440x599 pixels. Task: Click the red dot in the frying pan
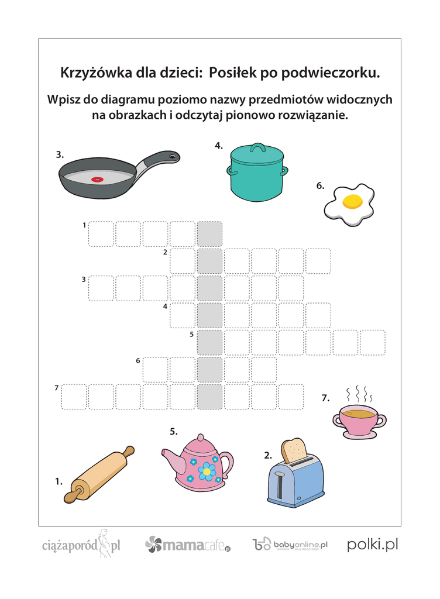97,179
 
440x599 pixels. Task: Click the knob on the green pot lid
258,147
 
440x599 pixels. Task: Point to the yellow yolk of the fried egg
352,201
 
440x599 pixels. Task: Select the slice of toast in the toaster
293,450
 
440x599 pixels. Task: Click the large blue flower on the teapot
207,471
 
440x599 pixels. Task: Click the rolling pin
99,474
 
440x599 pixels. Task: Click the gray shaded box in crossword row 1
209,234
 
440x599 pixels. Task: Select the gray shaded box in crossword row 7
209,397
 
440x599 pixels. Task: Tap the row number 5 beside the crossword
192,334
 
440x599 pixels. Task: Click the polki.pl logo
372,545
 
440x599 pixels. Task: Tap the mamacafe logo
188,545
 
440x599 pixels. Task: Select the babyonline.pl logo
290,545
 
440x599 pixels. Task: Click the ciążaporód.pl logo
81,544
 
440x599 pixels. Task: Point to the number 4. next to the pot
219,146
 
